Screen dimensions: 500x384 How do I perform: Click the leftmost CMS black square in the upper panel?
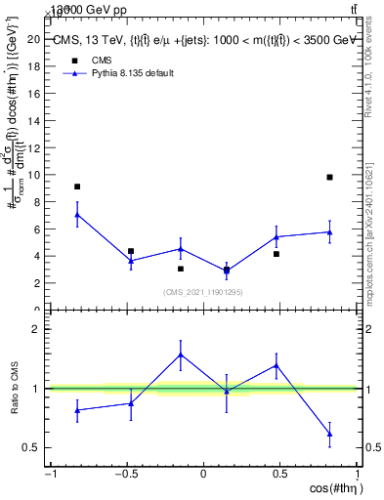(x=77, y=187)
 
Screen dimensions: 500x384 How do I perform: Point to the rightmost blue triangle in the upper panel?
(x=330, y=232)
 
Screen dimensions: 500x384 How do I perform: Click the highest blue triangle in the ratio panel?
(x=181, y=354)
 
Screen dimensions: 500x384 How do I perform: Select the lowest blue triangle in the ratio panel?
(x=330, y=434)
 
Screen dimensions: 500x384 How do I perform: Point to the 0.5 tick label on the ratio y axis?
(x=31, y=448)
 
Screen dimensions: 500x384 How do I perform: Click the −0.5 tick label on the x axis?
(x=125, y=475)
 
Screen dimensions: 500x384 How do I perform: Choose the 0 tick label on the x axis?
(x=204, y=475)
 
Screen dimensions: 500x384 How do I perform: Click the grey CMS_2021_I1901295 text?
(x=203, y=292)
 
